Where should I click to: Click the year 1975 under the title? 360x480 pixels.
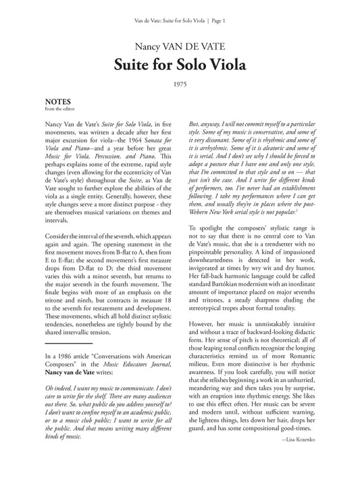click(x=180, y=84)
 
